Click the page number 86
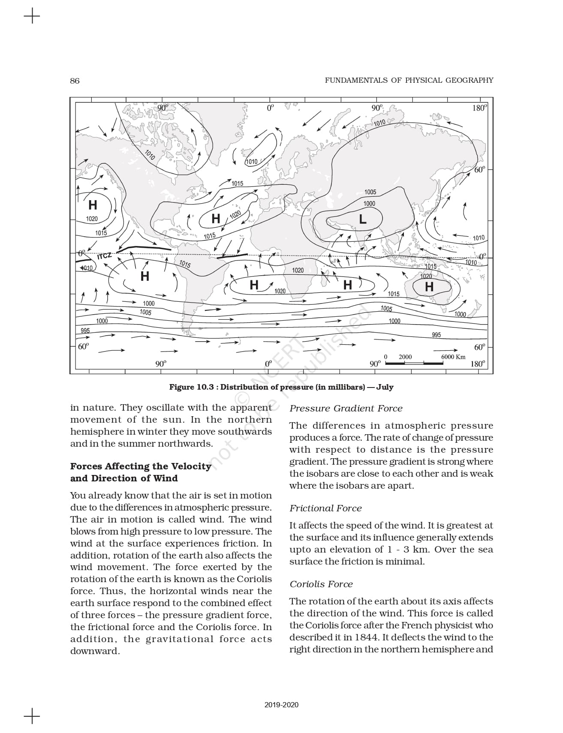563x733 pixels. [x=75, y=81]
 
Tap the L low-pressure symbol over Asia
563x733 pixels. [x=363, y=219]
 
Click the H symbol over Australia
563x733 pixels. [x=429, y=287]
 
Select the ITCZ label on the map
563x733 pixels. [x=104, y=256]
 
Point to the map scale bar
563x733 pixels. [x=414, y=363]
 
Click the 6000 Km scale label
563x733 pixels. [x=453, y=357]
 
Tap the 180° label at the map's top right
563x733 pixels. [x=479, y=108]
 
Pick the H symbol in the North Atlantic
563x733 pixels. [x=216, y=219]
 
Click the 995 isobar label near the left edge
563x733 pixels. [x=85, y=330]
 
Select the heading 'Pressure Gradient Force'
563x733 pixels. [x=346, y=409]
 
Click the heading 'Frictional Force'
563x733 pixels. [x=325, y=508]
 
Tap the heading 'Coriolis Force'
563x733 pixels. [x=321, y=584]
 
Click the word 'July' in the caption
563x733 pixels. [x=385, y=387]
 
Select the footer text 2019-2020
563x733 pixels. [x=281, y=705]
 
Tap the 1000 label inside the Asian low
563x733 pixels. [x=369, y=204]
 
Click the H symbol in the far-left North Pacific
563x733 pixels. [x=93, y=205]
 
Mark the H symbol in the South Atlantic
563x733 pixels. [x=254, y=285]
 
